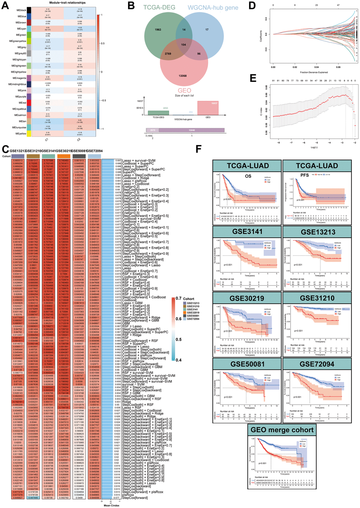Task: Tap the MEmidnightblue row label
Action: coord(17,84)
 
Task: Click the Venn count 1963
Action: coord(158,30)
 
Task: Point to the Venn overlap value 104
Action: coord(183,45)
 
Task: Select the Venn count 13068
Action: coord(182,76)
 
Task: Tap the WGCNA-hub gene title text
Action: coord(212,7)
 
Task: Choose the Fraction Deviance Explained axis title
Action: coord(312,72)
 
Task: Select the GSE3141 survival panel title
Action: coord(247,232)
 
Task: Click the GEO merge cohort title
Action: coord(282,430)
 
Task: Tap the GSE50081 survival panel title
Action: coord(247,364)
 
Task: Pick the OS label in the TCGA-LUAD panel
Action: coord(248,176)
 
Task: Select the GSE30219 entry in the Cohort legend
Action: coord(193,313)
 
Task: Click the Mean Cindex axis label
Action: coord(112,506)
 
